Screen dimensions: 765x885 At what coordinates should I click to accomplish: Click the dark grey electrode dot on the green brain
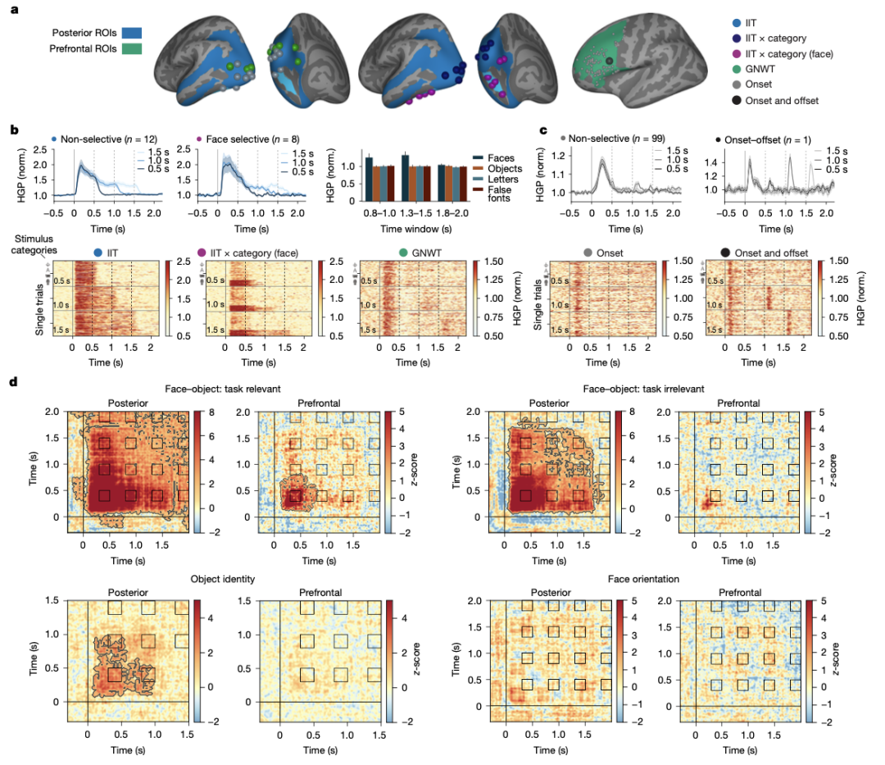609,61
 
